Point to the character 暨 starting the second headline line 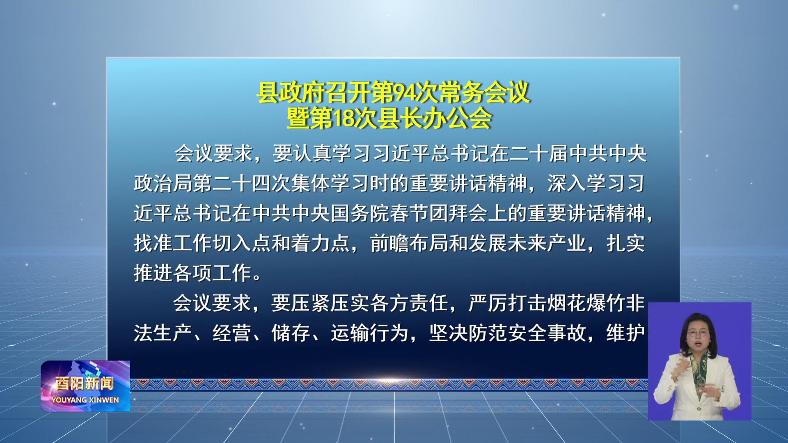click(x=298, y=119)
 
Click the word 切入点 click(x=242, y=243)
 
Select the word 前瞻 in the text click(x=389, y=243)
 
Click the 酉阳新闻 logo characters click(x=85, y=384)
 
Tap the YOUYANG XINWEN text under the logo click(x=85, y=400)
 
